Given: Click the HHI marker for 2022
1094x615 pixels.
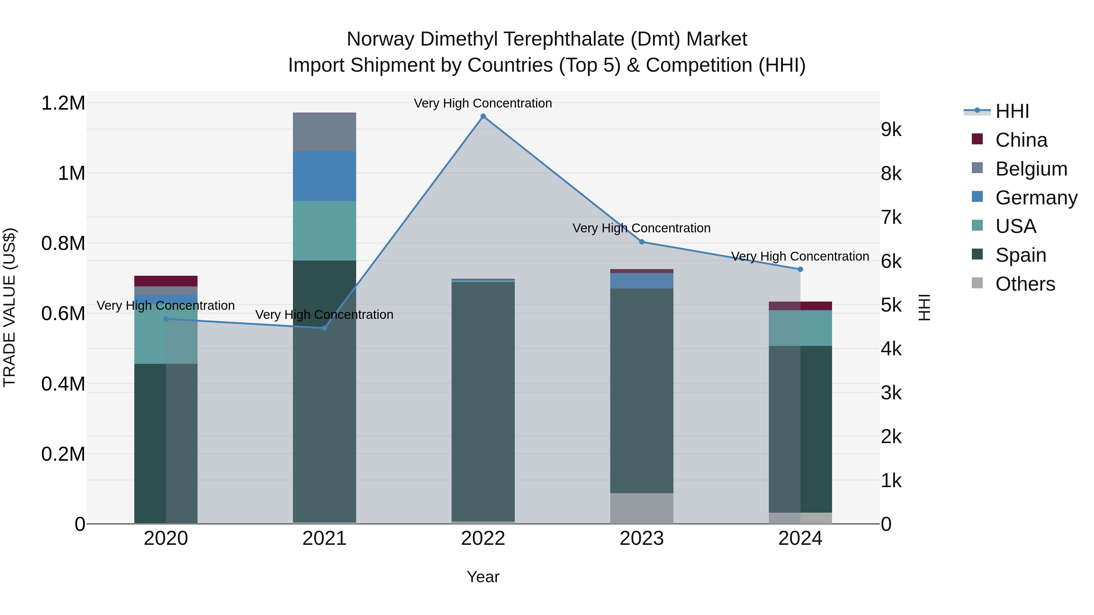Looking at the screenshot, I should (483, 116).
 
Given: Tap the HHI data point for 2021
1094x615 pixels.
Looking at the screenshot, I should (325, 328).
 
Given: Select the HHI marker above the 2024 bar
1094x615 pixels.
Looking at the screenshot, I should (800, 269).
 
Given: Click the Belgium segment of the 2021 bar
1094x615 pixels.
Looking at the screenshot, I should (325, 132).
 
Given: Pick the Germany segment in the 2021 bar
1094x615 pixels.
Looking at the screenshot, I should (325, 176).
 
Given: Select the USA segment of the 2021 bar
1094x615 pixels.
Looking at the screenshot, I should (325, 231).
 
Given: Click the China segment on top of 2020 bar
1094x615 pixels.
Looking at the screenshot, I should (166, 281).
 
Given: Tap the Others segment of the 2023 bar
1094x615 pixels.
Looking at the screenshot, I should (641, 508).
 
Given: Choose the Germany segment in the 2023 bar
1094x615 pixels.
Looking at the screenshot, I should (641, 281).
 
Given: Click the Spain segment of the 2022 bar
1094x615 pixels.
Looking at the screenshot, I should (483, 401).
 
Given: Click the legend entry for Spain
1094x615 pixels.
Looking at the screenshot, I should (1020, 255).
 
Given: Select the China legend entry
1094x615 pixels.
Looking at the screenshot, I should (1021, 140).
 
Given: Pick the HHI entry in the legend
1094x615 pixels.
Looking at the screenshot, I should (1012, 111).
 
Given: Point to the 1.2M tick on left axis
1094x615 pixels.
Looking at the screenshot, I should (63, 103).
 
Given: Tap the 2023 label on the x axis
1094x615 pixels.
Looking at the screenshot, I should (641, 538).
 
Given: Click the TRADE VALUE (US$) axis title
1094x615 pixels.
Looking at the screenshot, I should (9, 307).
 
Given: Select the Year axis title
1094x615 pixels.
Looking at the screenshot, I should (483, 577).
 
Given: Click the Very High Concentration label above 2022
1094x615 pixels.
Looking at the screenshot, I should (483, 103).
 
